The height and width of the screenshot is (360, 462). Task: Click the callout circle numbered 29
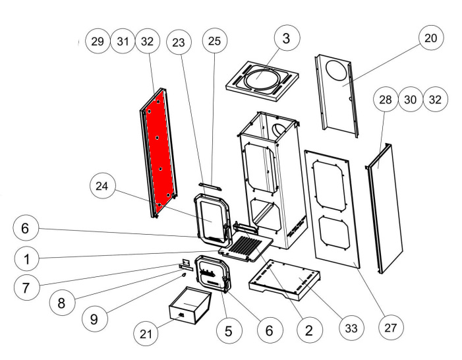tap(98, 41)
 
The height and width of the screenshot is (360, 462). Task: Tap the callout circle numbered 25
tap(214, 42)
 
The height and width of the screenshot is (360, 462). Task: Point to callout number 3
tap(285, 38)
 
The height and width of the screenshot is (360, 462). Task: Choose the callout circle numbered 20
tap(430, 38)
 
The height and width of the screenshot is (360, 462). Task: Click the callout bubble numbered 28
tap(385, 100)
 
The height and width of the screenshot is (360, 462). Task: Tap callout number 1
tap(26, 259)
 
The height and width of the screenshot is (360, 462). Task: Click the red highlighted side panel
tap(158, 150)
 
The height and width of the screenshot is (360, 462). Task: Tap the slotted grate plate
tap(247, 250)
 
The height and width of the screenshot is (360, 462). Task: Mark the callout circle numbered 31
tap(123, 41)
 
